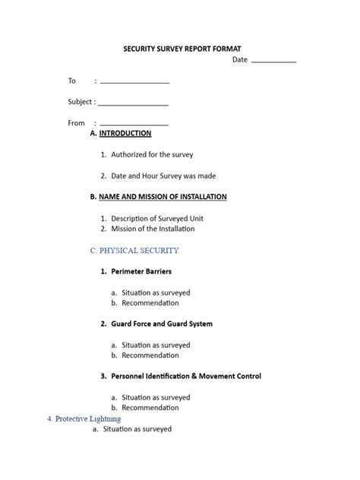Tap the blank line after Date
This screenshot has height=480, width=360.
(x=273, y=61)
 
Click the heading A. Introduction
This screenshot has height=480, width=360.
(x=121, y=133)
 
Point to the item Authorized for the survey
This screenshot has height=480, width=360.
(x=152, y=154)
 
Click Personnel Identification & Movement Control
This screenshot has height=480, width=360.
(x=186, y=376)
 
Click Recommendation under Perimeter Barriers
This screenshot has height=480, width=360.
(x=149, y=302)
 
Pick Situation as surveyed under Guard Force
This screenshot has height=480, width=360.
(x=155, y=345)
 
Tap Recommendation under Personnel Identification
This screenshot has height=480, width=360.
(x=149, y=408)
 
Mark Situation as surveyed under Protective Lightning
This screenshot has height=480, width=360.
(x=137, y=429)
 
